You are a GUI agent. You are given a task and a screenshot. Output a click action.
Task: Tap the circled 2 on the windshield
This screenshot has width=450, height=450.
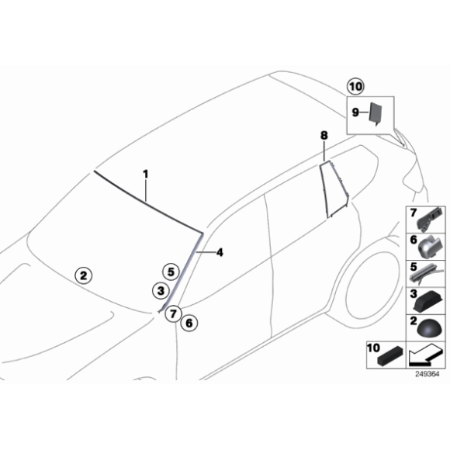(83, 274)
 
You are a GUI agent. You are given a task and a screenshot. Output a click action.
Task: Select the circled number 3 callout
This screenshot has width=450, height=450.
(159, 290)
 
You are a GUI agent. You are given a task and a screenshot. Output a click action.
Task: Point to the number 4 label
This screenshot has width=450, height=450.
(220, 252)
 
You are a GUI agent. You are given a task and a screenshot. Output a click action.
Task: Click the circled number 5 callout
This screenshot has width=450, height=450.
(170, 271)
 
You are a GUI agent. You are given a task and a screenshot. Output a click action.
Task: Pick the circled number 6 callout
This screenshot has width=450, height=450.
(189, 322)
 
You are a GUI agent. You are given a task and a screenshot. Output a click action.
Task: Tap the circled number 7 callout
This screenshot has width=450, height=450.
(173, 313)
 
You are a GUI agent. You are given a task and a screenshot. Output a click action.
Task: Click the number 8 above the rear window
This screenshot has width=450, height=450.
(324, 136)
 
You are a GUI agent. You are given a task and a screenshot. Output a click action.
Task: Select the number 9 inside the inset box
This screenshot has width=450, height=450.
(355, 112)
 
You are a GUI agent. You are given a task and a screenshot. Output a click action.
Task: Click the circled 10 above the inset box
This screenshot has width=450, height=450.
(355, 87)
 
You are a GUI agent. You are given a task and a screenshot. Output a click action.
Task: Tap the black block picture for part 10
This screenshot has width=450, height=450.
(391, 358)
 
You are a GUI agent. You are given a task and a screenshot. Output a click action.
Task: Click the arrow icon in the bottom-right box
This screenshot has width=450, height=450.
(427, 356)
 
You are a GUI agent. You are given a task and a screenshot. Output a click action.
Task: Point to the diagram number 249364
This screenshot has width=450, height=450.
(425, 374)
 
